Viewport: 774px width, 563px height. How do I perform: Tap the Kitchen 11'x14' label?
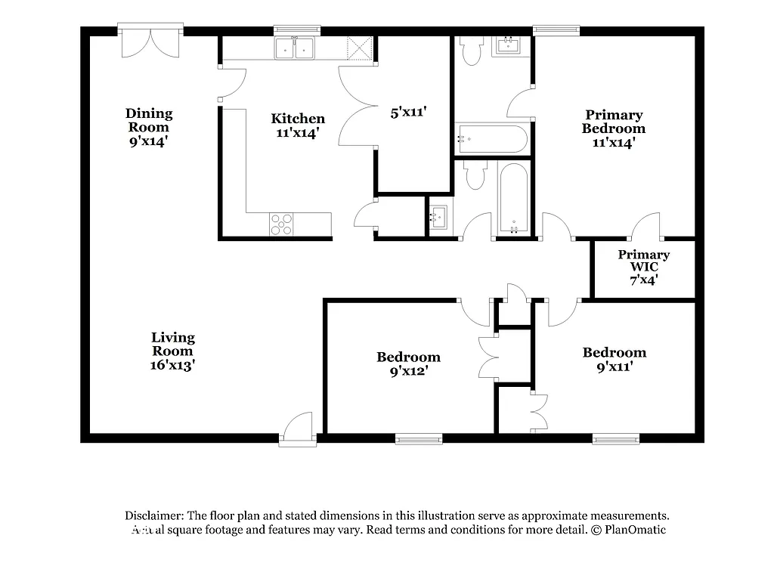point(298,125)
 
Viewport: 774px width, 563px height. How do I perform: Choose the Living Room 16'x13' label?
point(172,351)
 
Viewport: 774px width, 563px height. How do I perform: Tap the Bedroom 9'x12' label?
point(408,364)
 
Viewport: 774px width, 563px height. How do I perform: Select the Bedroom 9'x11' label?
point(614,360)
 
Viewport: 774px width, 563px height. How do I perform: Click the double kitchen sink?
point(295,48)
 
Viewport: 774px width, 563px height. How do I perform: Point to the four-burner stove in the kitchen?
point(282,224)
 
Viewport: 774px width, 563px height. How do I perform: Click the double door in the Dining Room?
point(150,42)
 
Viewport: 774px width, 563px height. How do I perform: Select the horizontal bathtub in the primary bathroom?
point(491,139)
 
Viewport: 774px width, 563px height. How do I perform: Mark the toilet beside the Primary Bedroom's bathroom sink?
point(472,51)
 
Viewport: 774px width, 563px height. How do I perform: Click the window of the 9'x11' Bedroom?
point(615,438)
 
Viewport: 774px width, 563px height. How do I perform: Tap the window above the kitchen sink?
point(296,31)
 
